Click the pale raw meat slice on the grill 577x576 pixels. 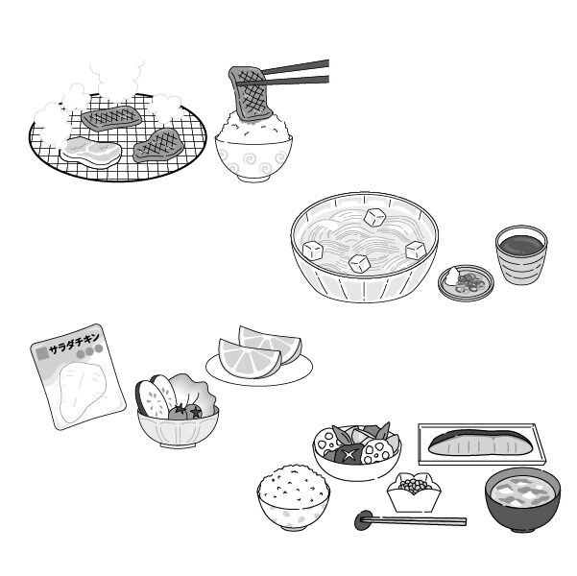[90, 153]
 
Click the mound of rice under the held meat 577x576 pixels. [253, 128]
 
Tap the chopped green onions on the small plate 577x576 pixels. [470, 282]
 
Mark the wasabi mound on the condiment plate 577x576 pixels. [451, 277]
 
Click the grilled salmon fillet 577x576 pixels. [479, 444]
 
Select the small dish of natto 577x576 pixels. [413, 492]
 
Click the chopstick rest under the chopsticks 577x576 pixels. [364, 522]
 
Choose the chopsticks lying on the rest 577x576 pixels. [422, 521]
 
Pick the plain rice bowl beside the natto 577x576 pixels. [293, 497]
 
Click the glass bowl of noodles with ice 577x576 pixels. [364, 248]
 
